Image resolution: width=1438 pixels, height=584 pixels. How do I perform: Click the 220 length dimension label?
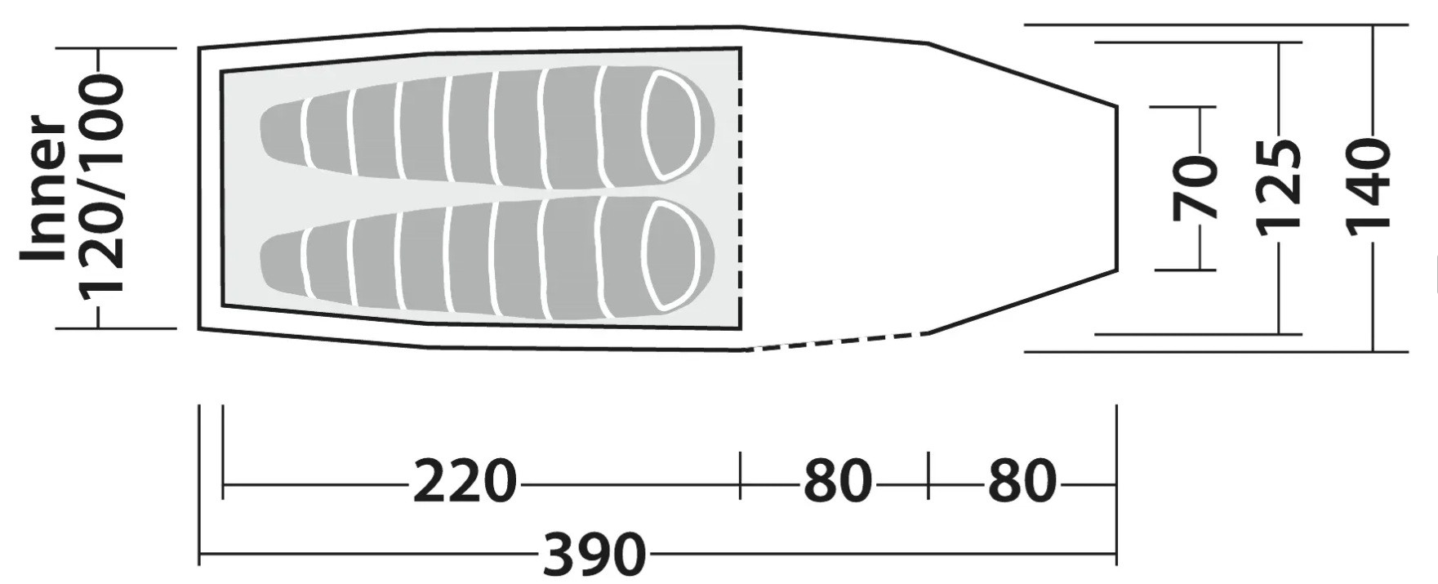[465, 481]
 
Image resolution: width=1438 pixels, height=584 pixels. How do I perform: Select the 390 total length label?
[594, 555]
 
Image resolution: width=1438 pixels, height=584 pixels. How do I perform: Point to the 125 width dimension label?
[1278, 188]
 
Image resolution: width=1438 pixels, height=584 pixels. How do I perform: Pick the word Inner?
[43, 189]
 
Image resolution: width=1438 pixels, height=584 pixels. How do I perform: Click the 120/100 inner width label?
[101, 185]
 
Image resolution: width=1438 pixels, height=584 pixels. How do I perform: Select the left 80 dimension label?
[838, 481]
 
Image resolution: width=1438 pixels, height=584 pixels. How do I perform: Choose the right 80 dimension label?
[1022, 481]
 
